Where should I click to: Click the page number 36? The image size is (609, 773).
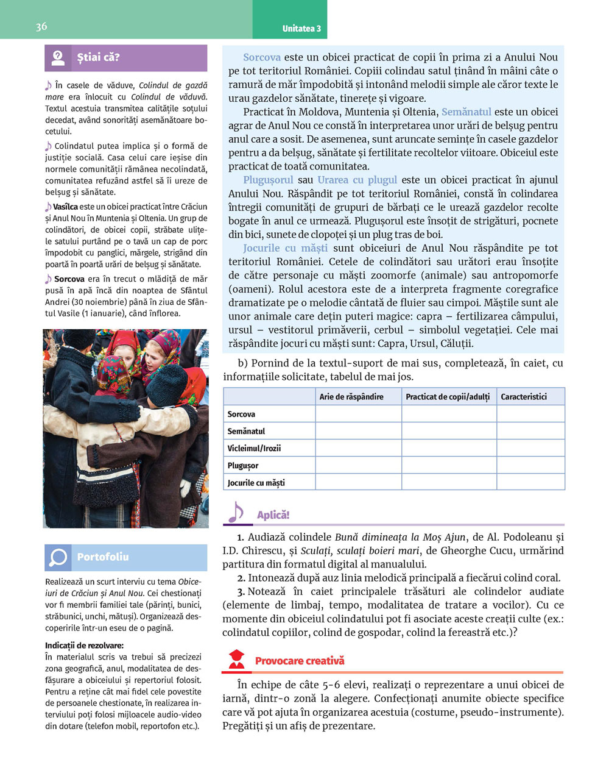41,26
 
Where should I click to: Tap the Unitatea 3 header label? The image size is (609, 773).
301,29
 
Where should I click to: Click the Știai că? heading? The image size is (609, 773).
99,58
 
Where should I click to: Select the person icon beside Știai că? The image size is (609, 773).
58,58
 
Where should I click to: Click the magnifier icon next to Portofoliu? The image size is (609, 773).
58,557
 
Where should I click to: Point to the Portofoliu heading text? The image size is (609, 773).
103,557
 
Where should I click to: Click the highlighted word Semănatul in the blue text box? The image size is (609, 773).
466,112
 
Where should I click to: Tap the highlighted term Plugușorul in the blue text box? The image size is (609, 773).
268,180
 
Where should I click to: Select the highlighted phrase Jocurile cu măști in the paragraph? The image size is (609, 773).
285,248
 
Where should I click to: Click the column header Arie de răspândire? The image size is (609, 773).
351,397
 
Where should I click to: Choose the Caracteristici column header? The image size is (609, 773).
524,397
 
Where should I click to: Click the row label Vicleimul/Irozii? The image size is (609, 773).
254,449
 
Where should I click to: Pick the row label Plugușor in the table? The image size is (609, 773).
243,466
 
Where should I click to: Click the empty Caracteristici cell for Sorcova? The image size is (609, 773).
530,414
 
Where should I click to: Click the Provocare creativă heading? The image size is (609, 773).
300,661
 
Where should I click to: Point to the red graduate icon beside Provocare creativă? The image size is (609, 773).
236,659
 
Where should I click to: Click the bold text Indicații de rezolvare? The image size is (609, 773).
84,646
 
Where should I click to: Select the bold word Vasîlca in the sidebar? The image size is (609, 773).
65,207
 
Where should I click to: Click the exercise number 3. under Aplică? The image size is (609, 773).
242,592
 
